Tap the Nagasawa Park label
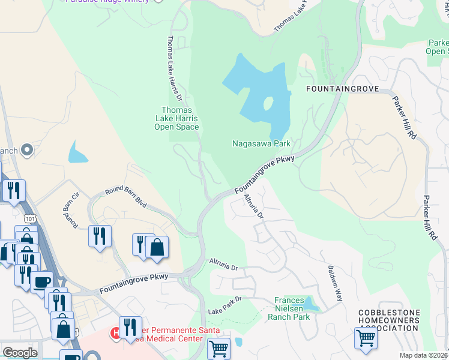[262, 143]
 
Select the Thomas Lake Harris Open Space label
[176, 118]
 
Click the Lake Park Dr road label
[224, 305]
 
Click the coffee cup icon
[41, 281]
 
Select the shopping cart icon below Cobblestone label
[366, 337]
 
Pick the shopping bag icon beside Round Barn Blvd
[157, 247]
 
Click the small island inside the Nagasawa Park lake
[267, 104]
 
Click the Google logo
[20, 352]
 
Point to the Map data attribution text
[424, 355]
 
